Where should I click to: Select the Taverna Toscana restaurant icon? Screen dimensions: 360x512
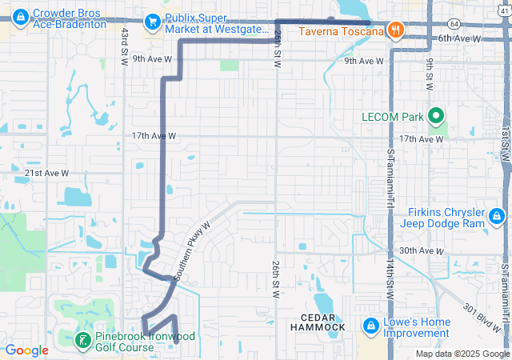[x=394, y=31]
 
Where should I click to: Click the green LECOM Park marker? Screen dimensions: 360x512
[x=437, y=117]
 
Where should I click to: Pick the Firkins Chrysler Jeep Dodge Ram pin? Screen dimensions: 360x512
[x=497, y=217]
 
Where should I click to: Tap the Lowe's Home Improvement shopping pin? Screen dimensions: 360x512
[x=371, y=326]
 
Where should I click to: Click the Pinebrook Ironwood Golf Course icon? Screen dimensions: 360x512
[x=82, y=342]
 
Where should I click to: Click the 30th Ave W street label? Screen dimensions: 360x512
[x=421, y=251]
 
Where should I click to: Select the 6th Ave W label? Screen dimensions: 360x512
[x=461, y=38]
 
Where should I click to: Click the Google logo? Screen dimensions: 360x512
[x=27, y=350]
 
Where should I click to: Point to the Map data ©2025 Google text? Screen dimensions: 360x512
[x=461, y=354]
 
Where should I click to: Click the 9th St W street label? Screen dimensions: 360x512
[x=430, y=74]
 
